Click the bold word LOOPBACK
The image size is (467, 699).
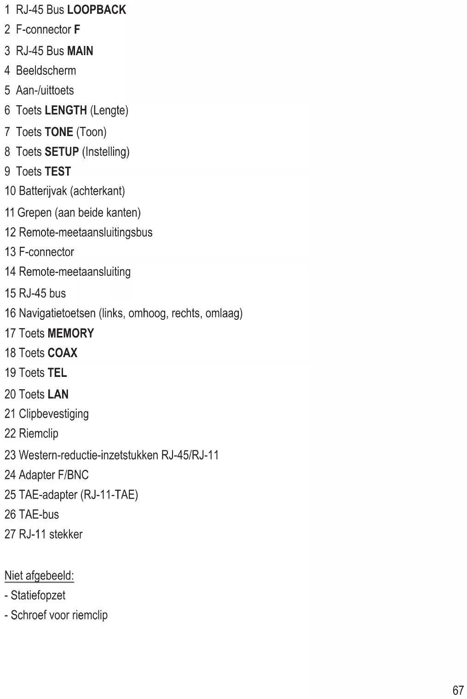(96, 10)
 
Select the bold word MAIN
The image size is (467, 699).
(80, 51)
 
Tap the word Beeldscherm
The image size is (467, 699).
(46, 71)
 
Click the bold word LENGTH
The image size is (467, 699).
(66, 110)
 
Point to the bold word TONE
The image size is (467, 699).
(59, 132)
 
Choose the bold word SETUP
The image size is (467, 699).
(62, 152)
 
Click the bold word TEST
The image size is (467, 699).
(58, 171)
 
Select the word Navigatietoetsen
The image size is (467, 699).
(57, 313)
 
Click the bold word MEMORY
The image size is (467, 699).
(70, 333)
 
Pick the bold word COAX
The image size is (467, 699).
(63, 353)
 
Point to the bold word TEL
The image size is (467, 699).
(57, 373)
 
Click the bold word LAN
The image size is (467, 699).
(58, 394)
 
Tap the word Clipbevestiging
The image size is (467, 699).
(53, 414)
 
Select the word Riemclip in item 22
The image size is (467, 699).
(39, 434)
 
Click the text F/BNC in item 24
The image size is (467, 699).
(73, 475)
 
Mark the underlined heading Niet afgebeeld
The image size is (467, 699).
(39, 576)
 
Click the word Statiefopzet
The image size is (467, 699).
(38, 596)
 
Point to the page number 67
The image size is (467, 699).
(458, 690)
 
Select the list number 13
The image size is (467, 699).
(10, 252)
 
